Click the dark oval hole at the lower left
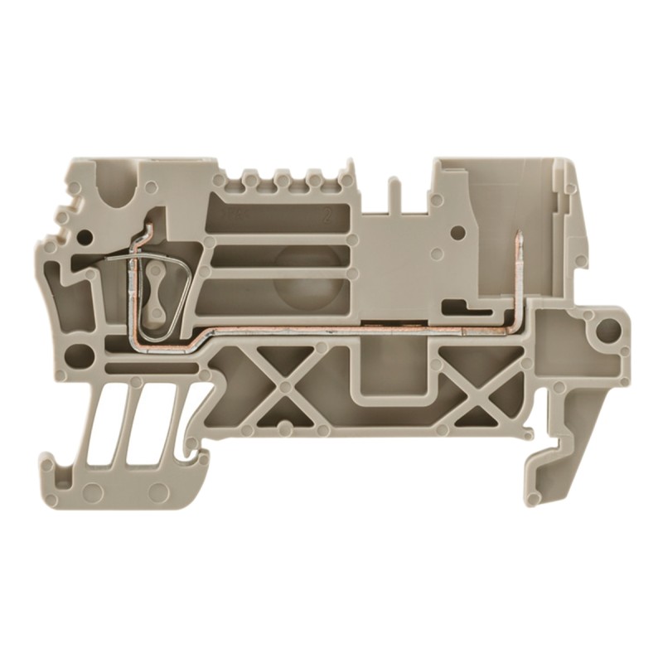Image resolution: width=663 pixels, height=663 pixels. point(80,356)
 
